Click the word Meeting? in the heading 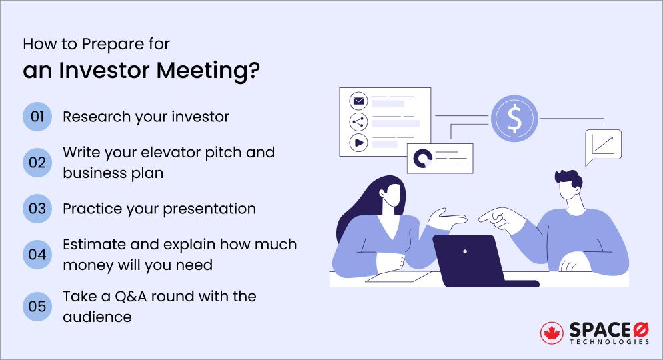pos(217,71)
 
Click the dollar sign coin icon pos(514,119)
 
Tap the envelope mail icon pos(359,102)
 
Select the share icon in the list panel pos(359,122)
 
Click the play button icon pos(359,142)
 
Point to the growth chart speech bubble pos(602,145)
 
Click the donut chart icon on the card pos(422,158)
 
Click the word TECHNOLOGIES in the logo pos(609,341)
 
